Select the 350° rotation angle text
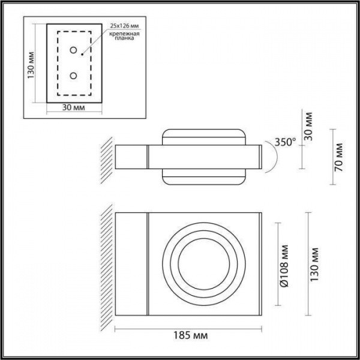tap(285, 142)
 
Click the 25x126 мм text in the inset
tap(124, 26)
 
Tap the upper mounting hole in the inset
tap(73, 50)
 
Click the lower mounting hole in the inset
tap(73, 76)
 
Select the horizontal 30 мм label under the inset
tap(73, 108)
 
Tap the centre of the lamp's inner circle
tap(204, 263)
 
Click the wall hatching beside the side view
tap(107, 157)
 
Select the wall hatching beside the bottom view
tap(107, 264)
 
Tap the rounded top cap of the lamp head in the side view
tap(204, 136)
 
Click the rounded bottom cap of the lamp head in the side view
tap(204, 178)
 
